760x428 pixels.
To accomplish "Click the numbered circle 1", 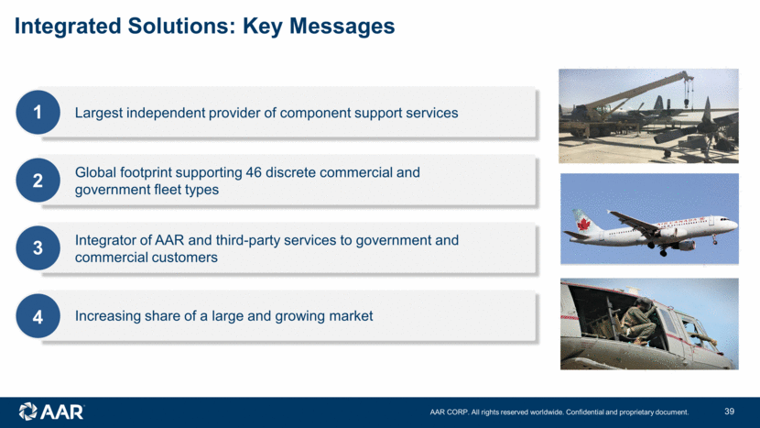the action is pos(38,112).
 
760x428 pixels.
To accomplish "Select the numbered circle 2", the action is pos(38,180).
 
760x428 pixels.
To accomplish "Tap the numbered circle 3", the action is pos(38,248).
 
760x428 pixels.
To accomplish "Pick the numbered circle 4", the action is pos(38,316).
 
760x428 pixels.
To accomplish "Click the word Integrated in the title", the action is pos(68,27).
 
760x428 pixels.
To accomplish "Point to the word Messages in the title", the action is pos(342,27).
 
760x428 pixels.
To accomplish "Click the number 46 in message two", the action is pos(254,172).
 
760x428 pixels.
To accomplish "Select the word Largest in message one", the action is pos(98,113).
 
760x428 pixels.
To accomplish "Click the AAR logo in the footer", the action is pos(51,412).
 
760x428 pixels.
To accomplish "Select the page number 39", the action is pos(730,412).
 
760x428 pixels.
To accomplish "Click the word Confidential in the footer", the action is pos(584,412).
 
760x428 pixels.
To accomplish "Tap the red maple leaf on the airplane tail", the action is pos(583,225).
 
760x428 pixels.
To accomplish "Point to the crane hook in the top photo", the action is pos(688,103).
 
